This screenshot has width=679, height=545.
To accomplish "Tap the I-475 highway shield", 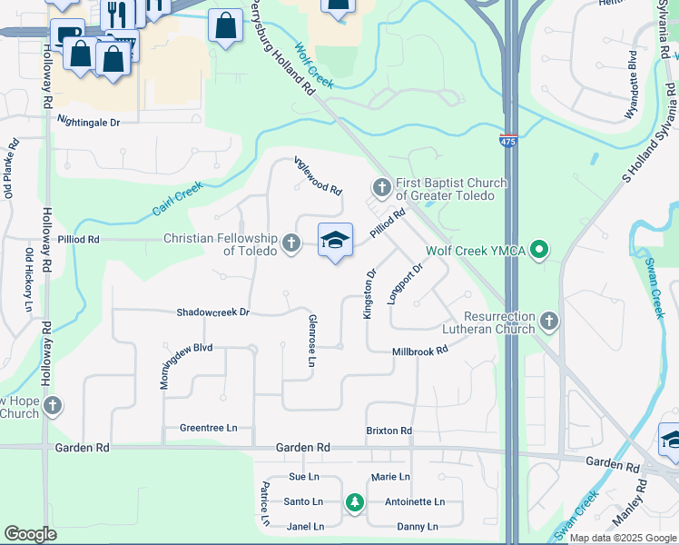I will pos(508,142).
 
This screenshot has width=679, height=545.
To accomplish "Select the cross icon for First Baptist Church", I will pos(381,188).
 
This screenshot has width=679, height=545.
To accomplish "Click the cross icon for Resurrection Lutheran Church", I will pos(548,320).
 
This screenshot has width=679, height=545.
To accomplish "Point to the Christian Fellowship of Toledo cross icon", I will pos(290,243).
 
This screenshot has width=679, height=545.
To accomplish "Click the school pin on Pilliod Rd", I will pos(335,241).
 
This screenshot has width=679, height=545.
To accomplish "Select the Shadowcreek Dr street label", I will pos(212,312).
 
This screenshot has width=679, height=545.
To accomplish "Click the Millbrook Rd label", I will pos(420,351).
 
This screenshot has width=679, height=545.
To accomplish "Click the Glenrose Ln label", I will pos(311,342).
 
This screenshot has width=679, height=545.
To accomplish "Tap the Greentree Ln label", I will pos(208,428).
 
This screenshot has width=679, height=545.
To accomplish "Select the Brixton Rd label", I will pos(389,431).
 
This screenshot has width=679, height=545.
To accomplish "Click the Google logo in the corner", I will pos(30,534).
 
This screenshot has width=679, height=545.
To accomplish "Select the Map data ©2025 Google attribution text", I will pos(623,538).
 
